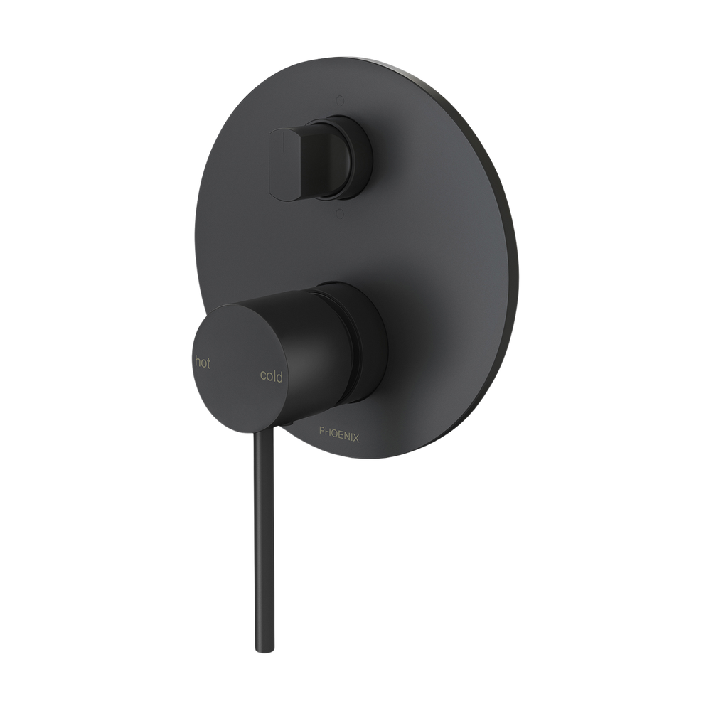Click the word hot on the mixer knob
point(203,363)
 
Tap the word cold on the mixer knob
point(271,376)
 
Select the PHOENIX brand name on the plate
point(339,432)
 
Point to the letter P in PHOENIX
point(322,430)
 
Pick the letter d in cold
point(279,376)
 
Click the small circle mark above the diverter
point(339,100)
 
